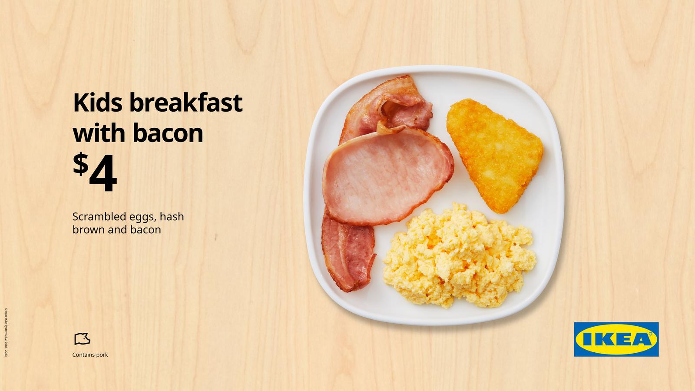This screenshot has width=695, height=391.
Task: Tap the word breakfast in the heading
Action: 185,103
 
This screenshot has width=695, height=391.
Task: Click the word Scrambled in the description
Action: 96,216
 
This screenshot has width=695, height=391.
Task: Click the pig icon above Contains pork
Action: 82,338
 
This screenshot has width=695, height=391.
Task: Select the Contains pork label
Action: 90,355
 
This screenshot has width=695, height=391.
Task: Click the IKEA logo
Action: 616,339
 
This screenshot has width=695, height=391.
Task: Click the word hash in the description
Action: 172,216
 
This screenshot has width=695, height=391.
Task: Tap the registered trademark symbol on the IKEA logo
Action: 650,334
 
